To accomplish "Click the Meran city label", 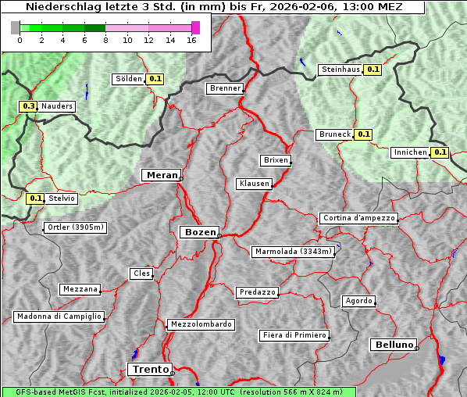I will [161, 175].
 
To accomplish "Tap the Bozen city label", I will [198, 232].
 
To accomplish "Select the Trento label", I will [149, 369].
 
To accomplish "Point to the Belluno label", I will [393, 344].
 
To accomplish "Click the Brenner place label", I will [226, 88].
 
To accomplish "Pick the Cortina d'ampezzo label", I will [358, 218].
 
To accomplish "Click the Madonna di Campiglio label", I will [59, 317].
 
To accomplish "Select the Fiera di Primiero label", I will [294, 335].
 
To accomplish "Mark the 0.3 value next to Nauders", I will [29, 106].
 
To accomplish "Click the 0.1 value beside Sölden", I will [155, 78].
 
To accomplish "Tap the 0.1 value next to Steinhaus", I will [373, 70].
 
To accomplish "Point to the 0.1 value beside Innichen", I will [440, 152].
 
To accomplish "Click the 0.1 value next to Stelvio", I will [36, 198].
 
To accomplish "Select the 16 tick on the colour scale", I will [191, 41].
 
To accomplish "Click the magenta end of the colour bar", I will [195, 27].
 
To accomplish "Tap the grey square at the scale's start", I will [16, 27].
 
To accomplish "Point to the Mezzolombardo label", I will [200, 324].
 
